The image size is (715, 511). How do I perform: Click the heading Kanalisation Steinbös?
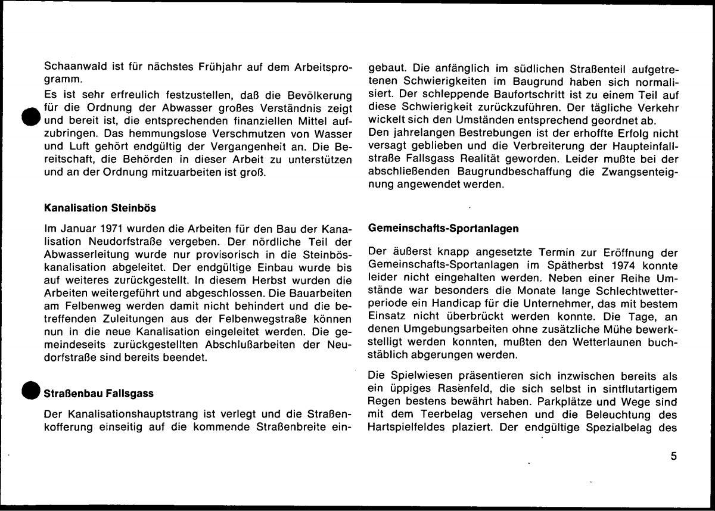(x=100, y=209)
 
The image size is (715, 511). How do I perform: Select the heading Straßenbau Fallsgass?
(x=99, y=394)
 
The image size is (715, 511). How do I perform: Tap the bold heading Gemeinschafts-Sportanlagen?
(x=444, y=228)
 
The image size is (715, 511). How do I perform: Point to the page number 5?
(x=673, y=457)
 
